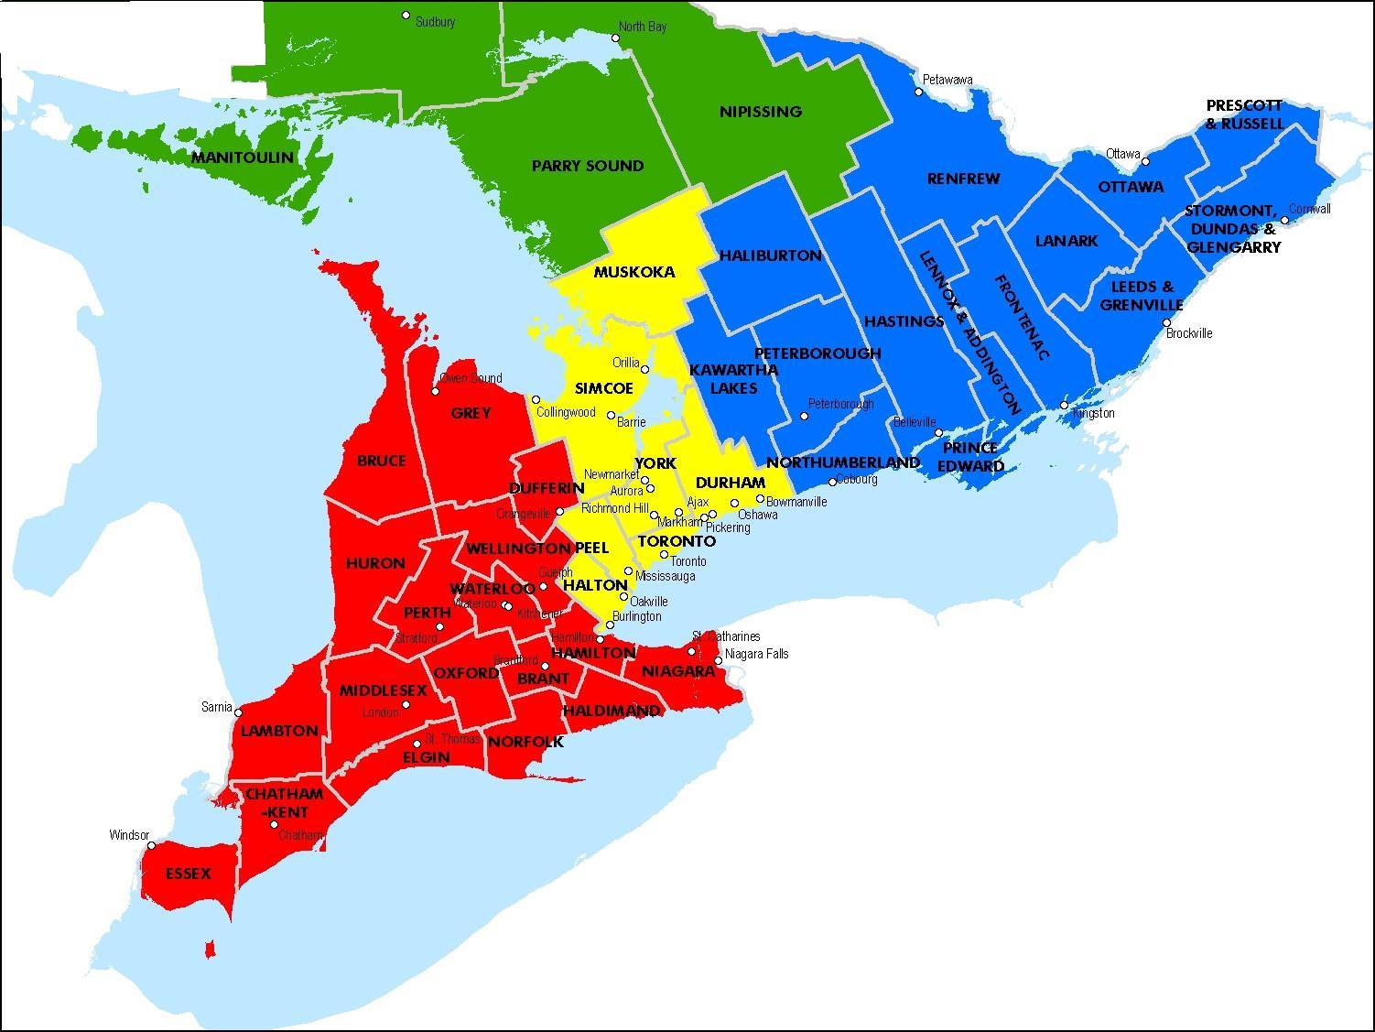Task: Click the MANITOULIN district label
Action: point(243,158)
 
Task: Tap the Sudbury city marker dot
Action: point(406,16)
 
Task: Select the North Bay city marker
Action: point(615,38)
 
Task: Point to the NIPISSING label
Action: point(760,112)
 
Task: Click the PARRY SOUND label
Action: point(587,166)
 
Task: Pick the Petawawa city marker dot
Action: point(919,92)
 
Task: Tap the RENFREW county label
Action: point(963,179)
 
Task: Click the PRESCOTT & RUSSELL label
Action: point(1244,114)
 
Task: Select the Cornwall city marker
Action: point(1285,221)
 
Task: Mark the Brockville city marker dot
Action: point(1166,323)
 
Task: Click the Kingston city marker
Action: point(1064,406)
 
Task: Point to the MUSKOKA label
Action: point(633,272)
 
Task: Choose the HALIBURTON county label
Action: point(770,255)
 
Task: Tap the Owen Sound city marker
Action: point(435,391)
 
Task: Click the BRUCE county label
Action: point(381,461)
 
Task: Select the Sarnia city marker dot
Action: point(238,712)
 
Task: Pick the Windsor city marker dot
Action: point(152,846)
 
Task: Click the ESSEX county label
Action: point(188,874)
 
